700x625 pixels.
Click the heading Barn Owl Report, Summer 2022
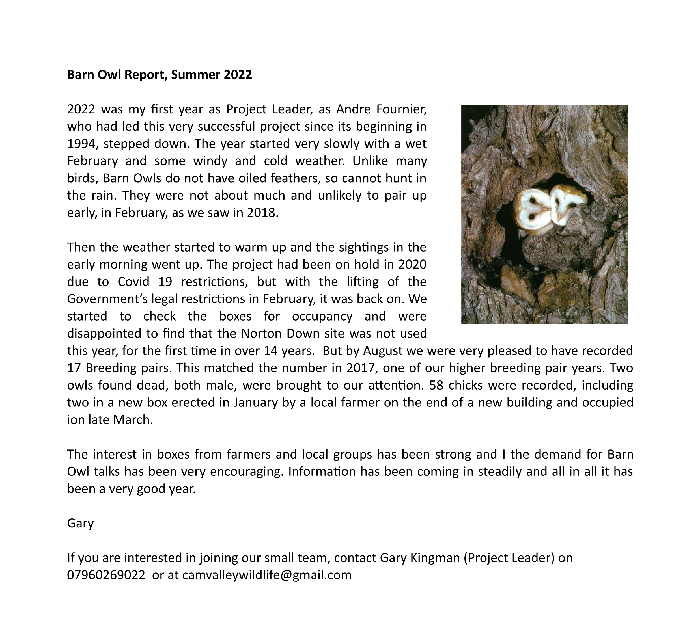(x=159, y=75)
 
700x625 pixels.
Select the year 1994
(x=80, y=144)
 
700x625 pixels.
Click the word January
(x=255, y=403)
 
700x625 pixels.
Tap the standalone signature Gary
(x=80, y=523)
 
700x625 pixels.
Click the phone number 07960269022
(x=106, y=575)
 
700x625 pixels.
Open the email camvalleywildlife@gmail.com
(x=267, y=575)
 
